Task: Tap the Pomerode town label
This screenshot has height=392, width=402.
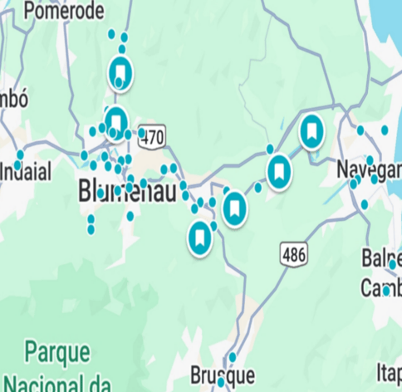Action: click(x=65, y=11)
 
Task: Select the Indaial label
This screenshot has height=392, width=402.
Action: click(x=25, y=172)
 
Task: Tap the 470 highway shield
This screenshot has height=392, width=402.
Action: click(x=153, y=136)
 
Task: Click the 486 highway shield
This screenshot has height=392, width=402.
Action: click(x=293, y=253)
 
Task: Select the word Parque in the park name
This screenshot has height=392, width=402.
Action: click(x=57, y=351)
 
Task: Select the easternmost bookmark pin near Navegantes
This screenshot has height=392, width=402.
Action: click(x=311, y=131)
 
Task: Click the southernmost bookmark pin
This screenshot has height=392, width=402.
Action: click(x=199, y=238)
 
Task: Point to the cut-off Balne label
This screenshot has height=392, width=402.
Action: click(x=382, y=258)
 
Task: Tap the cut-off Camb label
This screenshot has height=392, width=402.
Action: click(x=381, y=287)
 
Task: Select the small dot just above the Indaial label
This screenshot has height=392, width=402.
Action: click(x=20, y=154)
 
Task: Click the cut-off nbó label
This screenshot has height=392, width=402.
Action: click(x=14, y=99)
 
